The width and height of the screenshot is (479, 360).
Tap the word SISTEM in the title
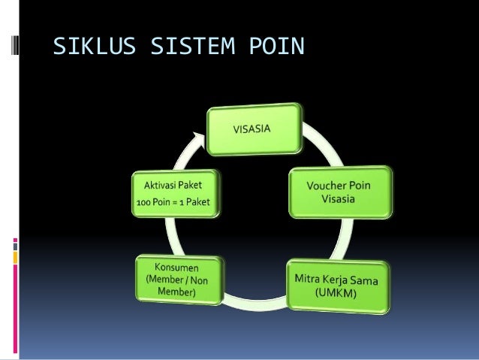(192, 49)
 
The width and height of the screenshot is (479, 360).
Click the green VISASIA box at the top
(256, 129)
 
